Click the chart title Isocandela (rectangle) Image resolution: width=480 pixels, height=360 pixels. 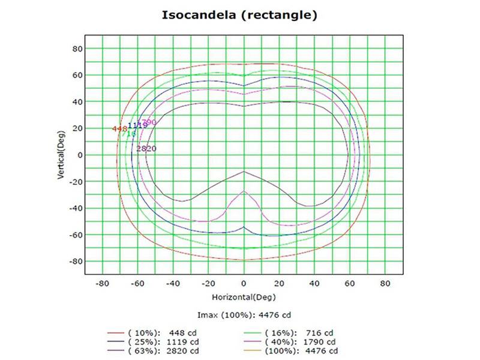239,15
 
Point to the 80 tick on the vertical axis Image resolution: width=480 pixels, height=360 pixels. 77,49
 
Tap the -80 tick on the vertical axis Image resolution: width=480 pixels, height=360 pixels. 76,262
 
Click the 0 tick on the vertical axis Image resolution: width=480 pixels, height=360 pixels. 79,155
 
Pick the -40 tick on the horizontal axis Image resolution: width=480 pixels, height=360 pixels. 172,283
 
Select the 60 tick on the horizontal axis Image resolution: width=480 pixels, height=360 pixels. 350,283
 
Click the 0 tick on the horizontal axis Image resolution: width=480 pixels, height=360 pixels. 244,283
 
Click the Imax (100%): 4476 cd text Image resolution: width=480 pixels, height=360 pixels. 243,315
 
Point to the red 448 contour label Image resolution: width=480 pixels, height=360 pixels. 119,128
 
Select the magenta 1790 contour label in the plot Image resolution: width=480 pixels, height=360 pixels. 149,122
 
